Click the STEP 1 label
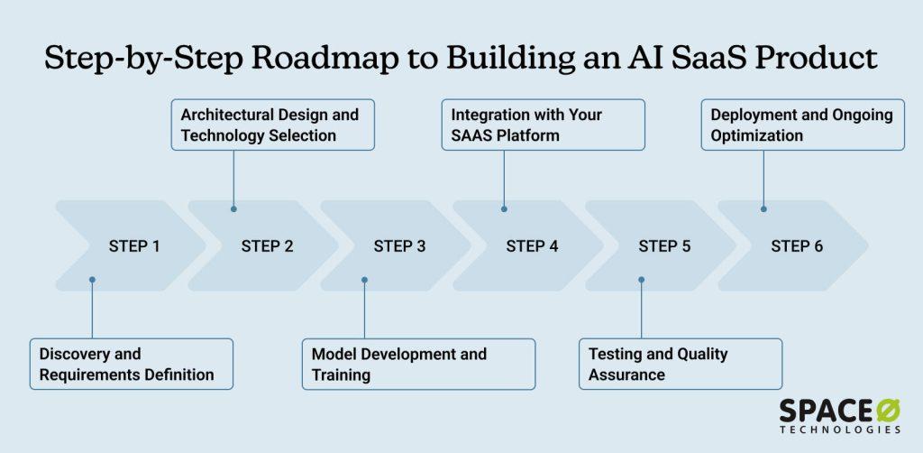click(134, 246)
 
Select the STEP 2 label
click(267, 246)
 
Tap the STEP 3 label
click(399, 246)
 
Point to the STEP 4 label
click(532, 246)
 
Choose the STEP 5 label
click(664, 246)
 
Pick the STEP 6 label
click(797, 246)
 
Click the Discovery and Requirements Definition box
click(132, 364)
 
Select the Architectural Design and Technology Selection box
click(273, 125)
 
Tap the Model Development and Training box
click(418, 364)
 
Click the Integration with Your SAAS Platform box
click(544, 125)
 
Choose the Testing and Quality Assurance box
click(681, 364)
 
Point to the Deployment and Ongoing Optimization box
click(803, 125)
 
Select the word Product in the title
click(822, 59)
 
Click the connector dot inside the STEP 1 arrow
click(92, 280)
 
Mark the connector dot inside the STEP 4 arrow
click(504, 208)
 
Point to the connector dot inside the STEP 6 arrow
click(763, 208)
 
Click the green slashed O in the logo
click(887, 411)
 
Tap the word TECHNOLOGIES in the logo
click(840, 430)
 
